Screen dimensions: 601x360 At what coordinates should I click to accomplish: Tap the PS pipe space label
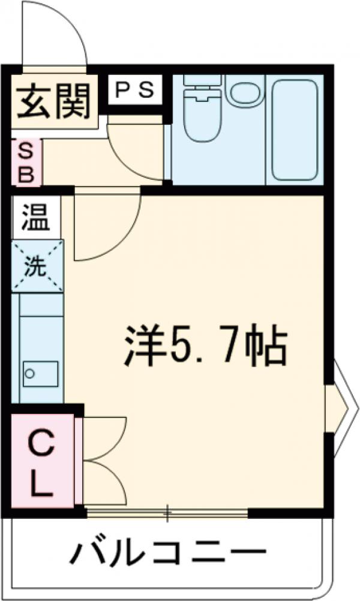(x=135, y=90)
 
